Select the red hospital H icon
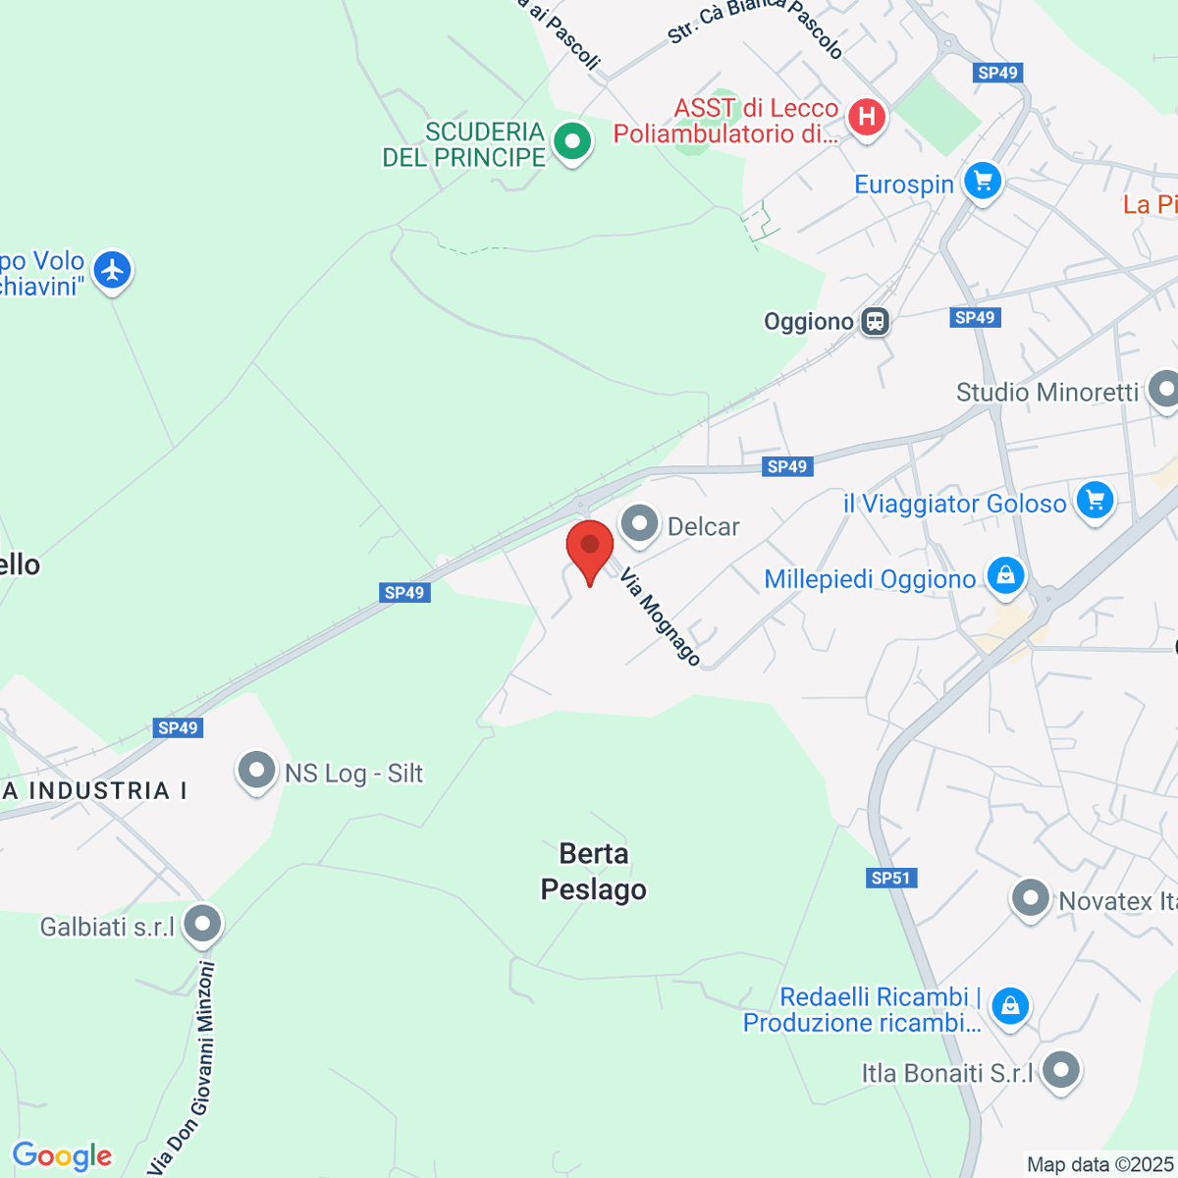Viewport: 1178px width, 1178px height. (x=867, y=118)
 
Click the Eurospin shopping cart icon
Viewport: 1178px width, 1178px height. (x=982, y=181)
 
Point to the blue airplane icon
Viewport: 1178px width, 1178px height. (x=113, y=270)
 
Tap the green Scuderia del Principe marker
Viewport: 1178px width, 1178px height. (x=571, y=141)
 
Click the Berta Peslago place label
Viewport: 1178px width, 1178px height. (x=594, y=872)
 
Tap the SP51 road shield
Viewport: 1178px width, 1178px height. (x=891, y=878)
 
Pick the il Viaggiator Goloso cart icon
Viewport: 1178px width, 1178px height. (x=1096, y=500)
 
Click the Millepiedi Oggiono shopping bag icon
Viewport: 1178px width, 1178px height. (x=1006, y=576)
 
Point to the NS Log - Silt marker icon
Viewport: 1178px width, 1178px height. (x=256, y=771)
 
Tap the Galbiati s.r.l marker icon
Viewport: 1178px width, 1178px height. (x=203, y=924)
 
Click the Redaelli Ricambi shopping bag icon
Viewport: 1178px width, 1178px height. (x=1009, y=1005)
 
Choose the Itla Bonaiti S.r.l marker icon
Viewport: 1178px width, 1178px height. (x=1061, y=1070)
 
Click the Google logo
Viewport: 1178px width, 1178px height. (x=62, y=1156)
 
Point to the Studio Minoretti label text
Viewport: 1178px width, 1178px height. (x=1047, y=393)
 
